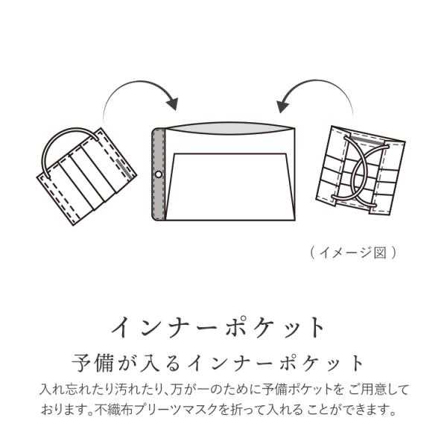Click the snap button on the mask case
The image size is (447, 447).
158,175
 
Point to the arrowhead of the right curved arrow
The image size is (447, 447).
282,102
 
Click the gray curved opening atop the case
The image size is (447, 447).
227,131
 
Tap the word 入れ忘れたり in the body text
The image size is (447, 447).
73,389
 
